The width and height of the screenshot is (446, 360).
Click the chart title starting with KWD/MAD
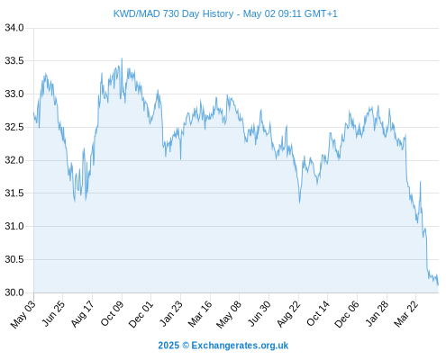pos(225,13)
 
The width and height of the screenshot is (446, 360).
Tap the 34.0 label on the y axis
pos(14,28)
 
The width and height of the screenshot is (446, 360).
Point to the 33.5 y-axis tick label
pos(14,61)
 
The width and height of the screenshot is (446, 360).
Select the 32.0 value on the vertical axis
pos(14,160)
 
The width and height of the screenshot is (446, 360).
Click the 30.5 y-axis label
pos(14,259)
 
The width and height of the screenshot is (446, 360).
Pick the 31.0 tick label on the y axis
pos(14,226)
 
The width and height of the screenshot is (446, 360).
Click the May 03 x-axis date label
pos(23,314)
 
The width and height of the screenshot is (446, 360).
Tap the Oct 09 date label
pos(112,313)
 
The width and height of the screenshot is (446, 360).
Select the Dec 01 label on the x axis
pos(141,314)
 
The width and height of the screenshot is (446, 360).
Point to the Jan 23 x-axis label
pos(171,314)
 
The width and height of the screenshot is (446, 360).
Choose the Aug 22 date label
pos(288,314)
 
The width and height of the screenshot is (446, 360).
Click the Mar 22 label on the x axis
pos(405,314)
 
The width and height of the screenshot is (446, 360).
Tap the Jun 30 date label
pos(259,314)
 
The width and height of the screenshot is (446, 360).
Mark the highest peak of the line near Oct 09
pos(122,58)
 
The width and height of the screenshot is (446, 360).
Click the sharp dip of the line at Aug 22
pos(299,202)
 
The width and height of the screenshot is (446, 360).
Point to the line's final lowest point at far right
pos(438,284)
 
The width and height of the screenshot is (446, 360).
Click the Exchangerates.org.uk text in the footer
pos(240,346)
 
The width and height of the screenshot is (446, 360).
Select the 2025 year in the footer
pos(168,346)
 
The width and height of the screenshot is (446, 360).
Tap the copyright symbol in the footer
pos(186,346)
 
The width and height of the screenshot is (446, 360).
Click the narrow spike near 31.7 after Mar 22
pos(420,182)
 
